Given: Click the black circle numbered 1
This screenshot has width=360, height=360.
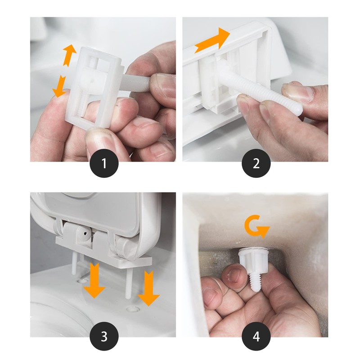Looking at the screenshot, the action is click(104, 163).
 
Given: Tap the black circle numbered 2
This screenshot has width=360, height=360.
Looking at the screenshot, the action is click(256, 163).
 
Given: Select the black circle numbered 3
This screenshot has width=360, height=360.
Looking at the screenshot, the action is click(104, 336).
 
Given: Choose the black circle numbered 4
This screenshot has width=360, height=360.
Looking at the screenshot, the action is click(256, 336).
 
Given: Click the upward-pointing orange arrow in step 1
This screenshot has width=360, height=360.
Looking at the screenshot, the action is click(69, 55).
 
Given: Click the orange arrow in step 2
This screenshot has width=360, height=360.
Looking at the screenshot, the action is click(212, 40).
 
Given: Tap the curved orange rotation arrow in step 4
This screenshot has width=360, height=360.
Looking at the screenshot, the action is click(256, 226).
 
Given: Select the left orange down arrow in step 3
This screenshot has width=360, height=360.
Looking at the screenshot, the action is click(94, 280).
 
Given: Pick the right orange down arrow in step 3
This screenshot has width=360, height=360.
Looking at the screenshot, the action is click(148, 288).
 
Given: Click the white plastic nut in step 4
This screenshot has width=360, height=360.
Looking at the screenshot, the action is click(253, 261).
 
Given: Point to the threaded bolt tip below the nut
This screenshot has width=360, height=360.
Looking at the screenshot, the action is click(255, 282).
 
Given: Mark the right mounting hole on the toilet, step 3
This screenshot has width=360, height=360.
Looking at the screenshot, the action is click(133, 309).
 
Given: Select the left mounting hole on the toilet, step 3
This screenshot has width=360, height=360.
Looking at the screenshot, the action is click(82, 280).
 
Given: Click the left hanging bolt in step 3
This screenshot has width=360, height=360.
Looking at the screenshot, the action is click(74, 262).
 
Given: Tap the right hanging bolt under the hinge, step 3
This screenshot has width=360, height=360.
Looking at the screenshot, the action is click(128, 283).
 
